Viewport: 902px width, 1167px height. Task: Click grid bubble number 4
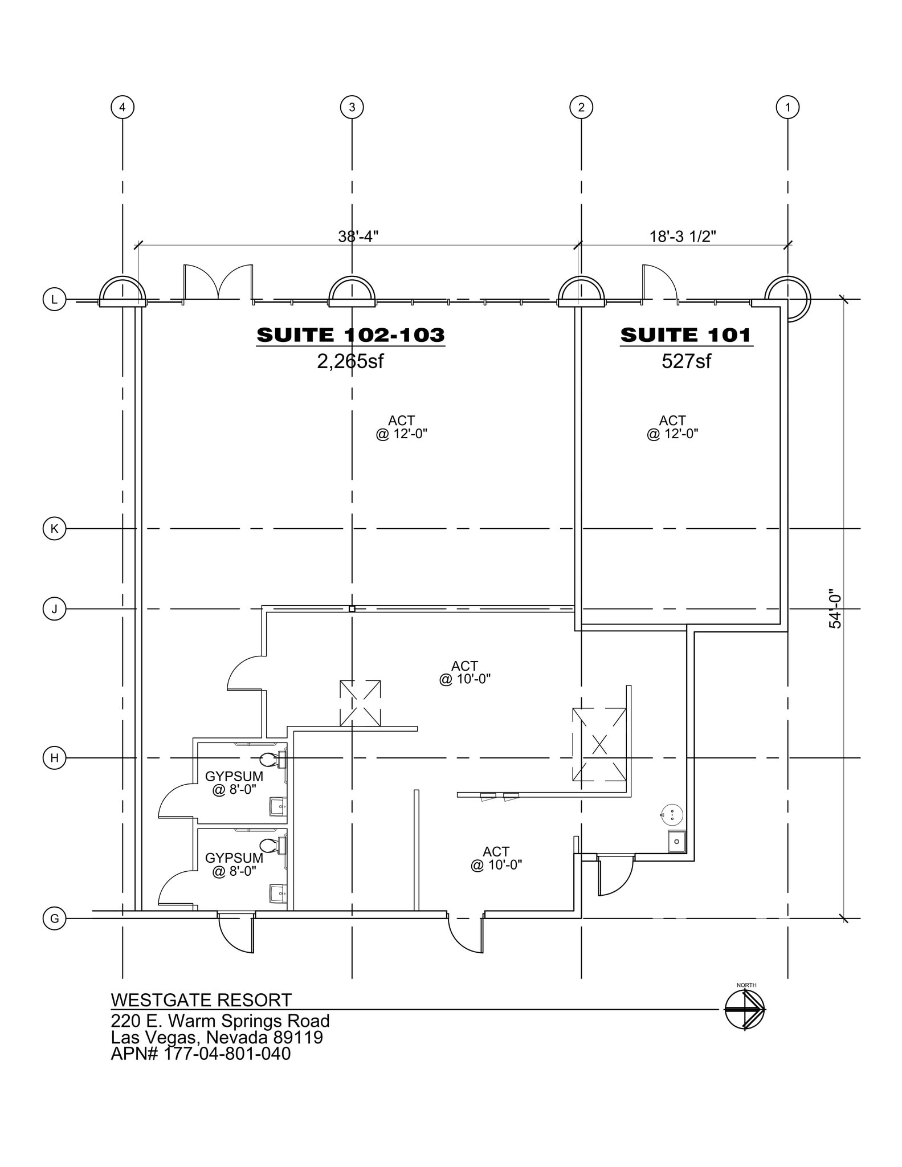point(123,107)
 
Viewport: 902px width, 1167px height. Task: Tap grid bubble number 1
point(787,107)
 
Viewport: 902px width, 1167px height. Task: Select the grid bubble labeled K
point(55,529)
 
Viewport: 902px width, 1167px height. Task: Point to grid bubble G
point(55,919)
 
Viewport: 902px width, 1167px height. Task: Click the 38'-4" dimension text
point(358,236)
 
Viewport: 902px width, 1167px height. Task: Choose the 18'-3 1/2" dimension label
point(683,236)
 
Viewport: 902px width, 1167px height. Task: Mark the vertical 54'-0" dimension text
point(835,609)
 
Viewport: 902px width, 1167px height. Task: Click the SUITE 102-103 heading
point(350,335)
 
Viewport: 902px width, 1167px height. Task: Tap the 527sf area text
point(686,361)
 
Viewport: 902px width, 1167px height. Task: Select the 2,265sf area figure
point(350,361)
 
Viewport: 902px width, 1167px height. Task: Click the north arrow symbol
point(745,1009)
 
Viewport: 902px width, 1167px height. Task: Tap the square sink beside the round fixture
point(677,841)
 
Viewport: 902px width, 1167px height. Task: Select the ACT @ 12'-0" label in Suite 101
point(672,427)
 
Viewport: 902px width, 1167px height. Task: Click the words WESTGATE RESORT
point(201,1000)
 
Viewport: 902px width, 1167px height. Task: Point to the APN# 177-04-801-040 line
point(201,1054)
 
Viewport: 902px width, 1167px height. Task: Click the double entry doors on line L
point(218,283)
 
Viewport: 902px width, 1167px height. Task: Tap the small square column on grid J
point(352,609)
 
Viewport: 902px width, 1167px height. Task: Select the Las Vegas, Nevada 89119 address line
point(217,1037)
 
